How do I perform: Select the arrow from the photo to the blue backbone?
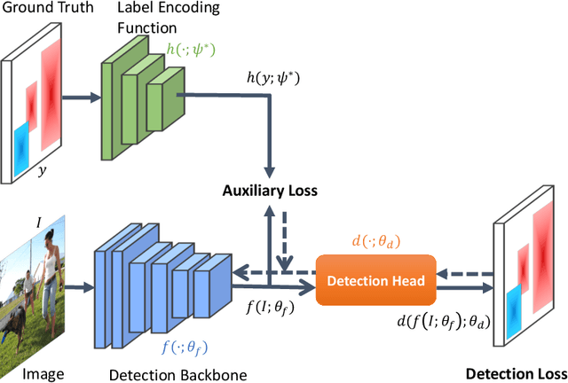pyautogui.click(x=77, y=286)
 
